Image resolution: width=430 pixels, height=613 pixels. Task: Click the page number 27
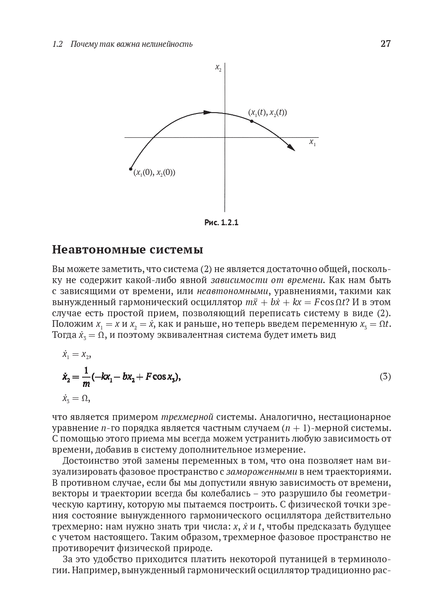tap(385, 44)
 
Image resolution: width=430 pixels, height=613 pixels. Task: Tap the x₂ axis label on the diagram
tap(218, 68)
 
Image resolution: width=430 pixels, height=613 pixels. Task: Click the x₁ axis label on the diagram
tap(313, 143)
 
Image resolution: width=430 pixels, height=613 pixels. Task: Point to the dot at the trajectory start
tap(131, 169)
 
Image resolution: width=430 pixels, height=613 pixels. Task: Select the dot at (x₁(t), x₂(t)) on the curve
tap(252, 121)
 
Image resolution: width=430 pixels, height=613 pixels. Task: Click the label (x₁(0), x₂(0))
tap(154, 173)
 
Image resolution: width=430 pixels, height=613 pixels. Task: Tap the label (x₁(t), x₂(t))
tap(267, 113)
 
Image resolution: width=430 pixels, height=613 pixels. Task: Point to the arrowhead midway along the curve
tap(207, 113)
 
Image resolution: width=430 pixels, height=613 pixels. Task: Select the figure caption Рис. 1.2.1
tap(221, 223)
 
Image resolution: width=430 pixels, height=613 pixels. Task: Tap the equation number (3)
tap(385, 377)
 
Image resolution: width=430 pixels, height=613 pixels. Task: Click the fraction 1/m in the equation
tap(86, 377)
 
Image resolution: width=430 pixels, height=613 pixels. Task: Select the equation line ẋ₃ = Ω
tap(76, 399)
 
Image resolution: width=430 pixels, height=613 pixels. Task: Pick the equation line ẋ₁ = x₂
tap(76, 355)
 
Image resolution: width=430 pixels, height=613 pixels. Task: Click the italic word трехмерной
tap(187, 417)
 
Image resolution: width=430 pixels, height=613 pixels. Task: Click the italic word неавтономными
tap(233, 291)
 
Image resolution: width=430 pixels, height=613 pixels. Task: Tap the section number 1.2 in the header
tap(57, 44)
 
